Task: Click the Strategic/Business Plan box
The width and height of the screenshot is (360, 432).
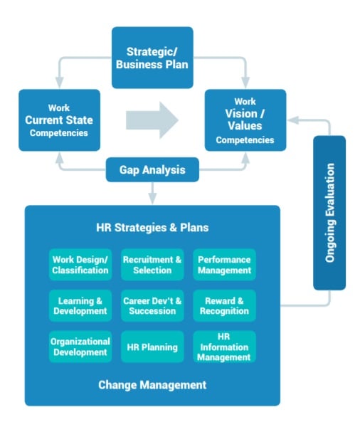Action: [152, 58]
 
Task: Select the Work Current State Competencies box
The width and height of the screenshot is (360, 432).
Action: [59, 120]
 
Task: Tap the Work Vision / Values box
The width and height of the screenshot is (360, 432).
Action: [245, 120]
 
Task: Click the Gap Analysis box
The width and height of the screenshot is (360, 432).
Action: [152, 170]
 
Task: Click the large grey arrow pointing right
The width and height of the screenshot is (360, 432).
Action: [152, 120]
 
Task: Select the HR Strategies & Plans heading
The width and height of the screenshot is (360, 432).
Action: [152, 228]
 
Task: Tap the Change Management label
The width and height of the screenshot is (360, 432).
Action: [152, 385]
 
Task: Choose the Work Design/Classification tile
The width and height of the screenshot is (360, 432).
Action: [80, 265]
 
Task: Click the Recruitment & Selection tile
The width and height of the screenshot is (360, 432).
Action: [152, 265]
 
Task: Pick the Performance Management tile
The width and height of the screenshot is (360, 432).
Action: [224, 265]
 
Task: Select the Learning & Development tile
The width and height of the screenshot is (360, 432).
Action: [80, 305]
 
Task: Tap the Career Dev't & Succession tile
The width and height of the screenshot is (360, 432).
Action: [152, 305]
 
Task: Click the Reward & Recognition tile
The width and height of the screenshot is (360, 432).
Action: [224, 305]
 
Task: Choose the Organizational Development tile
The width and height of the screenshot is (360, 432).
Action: [80, 346]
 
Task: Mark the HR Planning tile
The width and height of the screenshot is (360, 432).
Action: [152, 346]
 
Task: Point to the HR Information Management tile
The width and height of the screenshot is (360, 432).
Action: [224, 346]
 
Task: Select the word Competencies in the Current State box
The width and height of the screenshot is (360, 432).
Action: [59, 133]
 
